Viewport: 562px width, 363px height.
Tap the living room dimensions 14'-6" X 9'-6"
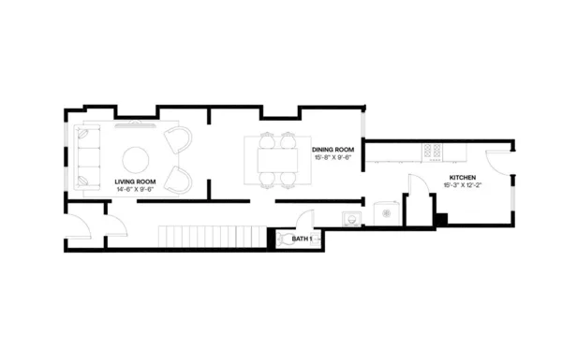[x=135, y=189]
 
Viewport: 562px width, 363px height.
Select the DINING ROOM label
[x=333, y=149]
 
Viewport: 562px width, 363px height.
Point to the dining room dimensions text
[x=333, y=157]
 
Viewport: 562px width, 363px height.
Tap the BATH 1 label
[x=302, y=239]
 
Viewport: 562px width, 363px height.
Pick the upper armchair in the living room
[x=177, y=139]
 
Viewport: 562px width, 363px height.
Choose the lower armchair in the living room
[x=177, y=177]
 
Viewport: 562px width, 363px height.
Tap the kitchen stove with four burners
[x=433, y=149]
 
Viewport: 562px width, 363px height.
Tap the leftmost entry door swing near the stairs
[x=80, y=225]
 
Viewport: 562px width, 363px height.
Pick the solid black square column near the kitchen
[x=441, y=219]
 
